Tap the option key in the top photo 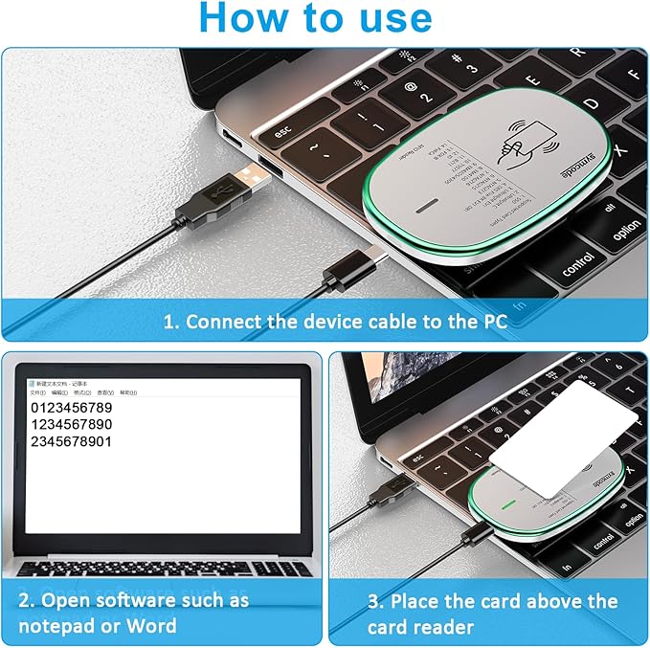[x=626, y=231]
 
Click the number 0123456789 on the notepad [x=72, y=409]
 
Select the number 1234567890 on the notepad [x=72, y=425]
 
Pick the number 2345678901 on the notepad [x=72, y=441]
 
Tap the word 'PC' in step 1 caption [x=489, y=322]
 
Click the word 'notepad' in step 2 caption [x=57, y=626]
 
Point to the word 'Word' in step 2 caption [x=152, y=626]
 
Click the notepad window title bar [x=153, y=384]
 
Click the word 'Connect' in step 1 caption [x=222, y=322]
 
